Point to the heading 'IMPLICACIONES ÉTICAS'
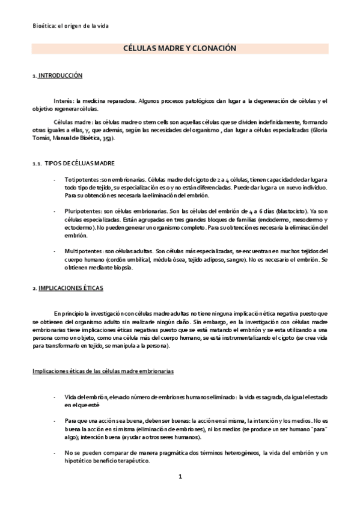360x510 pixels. (70, 288)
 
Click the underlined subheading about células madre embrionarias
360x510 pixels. (103, 371)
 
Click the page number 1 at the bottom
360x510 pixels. (180, 476)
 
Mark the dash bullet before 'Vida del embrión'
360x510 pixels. (55, 398)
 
